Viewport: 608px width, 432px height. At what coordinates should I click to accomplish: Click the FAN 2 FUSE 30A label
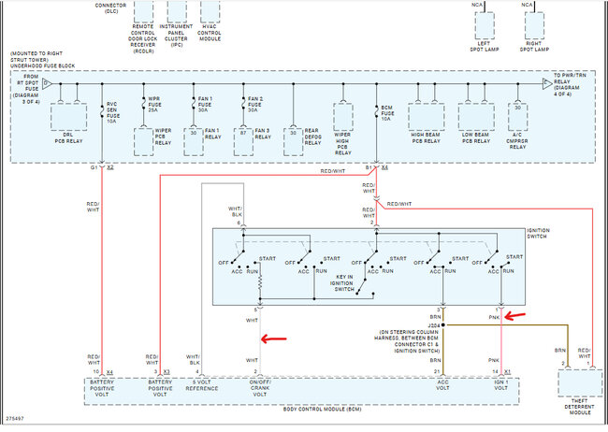pos(253,105)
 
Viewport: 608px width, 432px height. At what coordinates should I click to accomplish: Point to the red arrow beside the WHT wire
pos(275,339)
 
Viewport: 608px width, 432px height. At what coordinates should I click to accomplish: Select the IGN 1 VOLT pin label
pos(502,384)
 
